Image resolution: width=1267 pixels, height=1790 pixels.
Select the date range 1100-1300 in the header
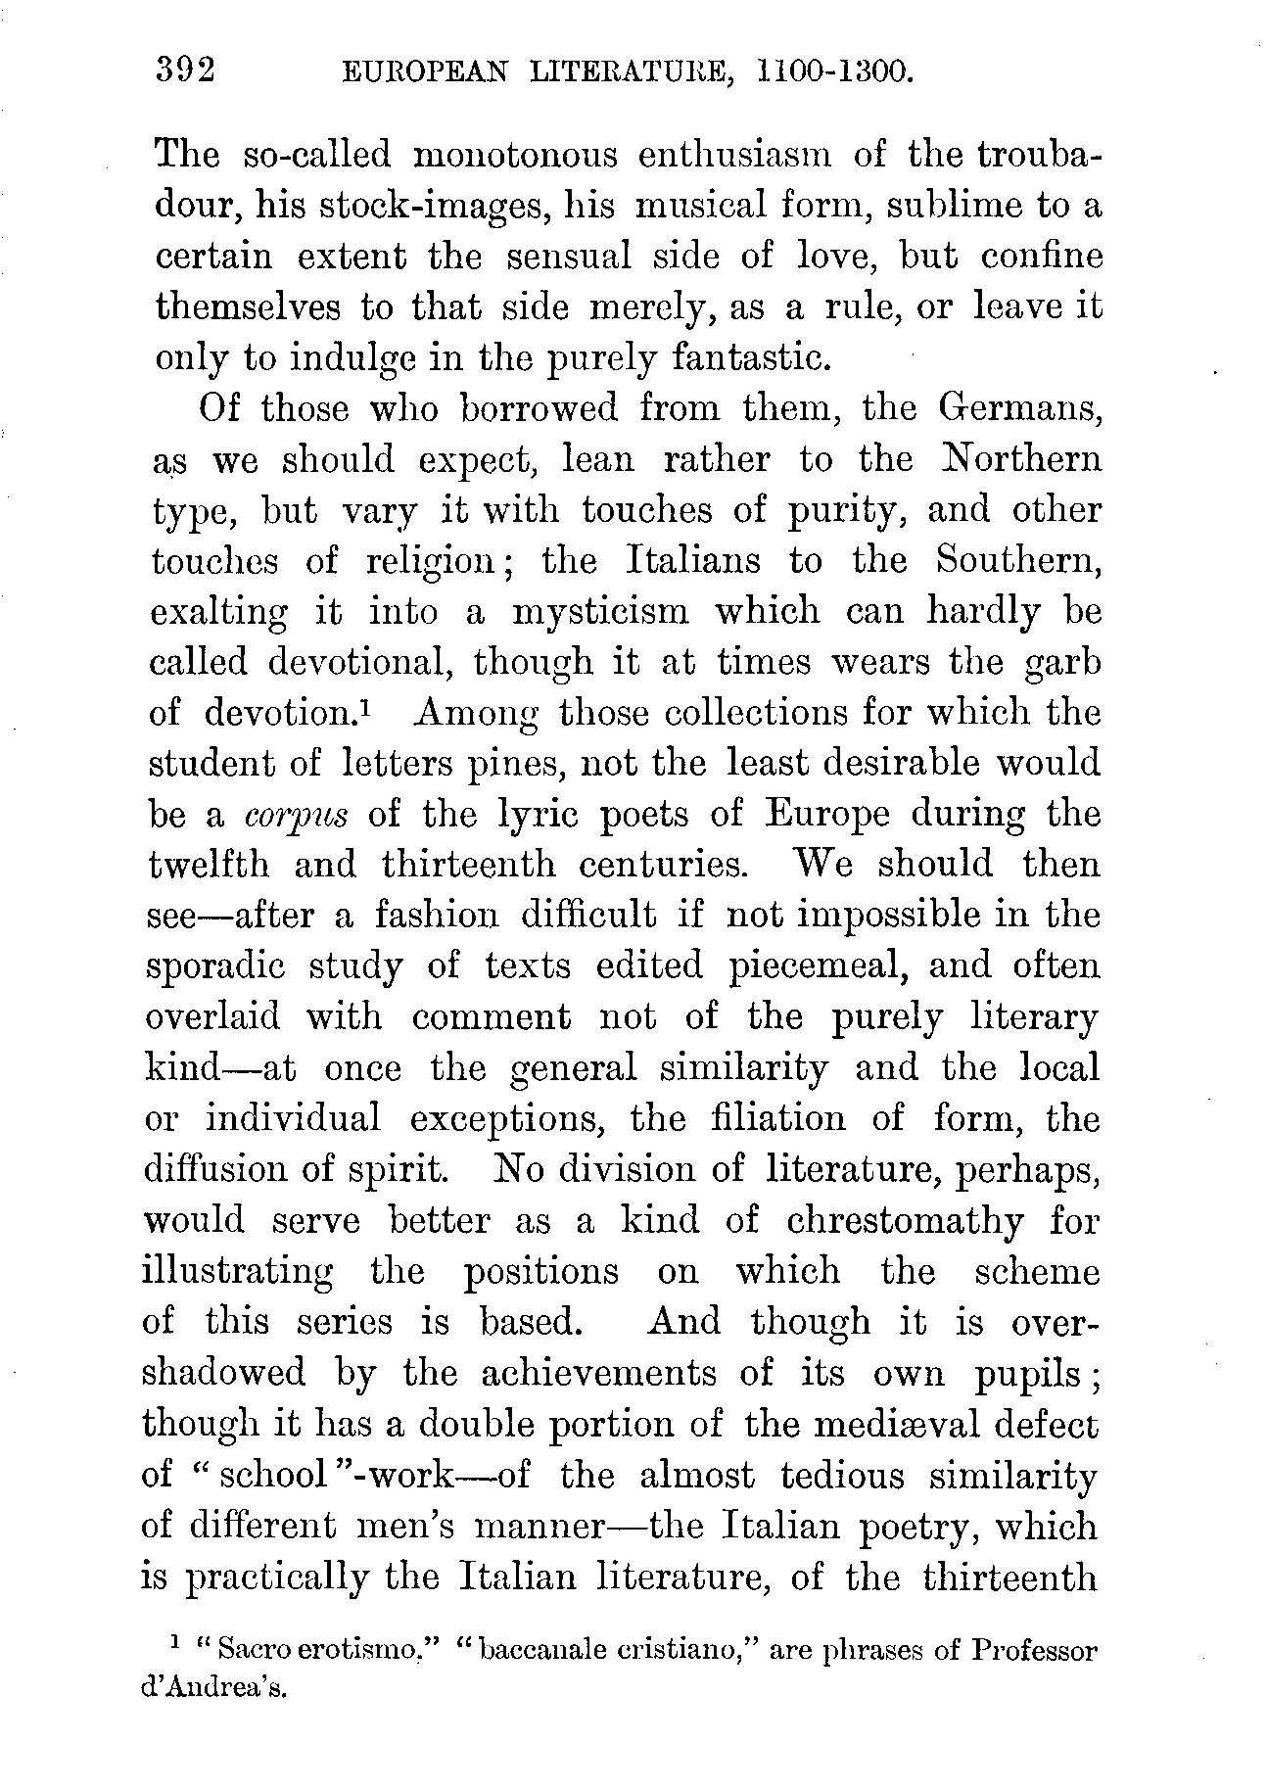point(837,72)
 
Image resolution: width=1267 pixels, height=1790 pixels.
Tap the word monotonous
point(514,155)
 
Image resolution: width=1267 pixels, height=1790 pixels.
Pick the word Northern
point(1017,459)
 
